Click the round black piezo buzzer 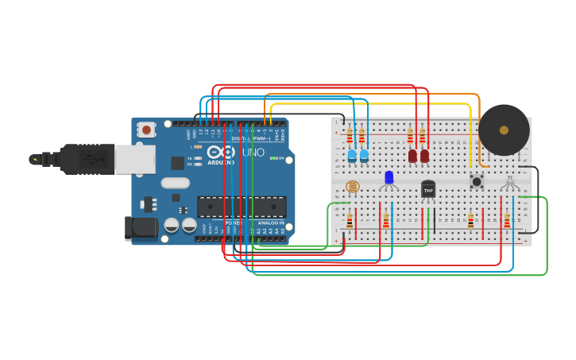(504, 130)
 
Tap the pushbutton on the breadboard (477, 182)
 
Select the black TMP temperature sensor (428, 189)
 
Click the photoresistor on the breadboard (353, 187)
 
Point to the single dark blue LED (389, 177)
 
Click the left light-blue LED (352, 156)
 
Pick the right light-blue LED (364, 156)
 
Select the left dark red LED (412, 156)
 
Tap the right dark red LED (424, 156)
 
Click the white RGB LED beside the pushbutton (509, 183)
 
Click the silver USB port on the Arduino (134, 159)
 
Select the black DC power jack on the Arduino (141, 228)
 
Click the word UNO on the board (253, 152)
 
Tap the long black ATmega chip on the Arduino (242, 207)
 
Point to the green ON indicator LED (273, 158)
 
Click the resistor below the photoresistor (350, 220)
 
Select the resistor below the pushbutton (470, 220)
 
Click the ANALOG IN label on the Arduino (270, 223)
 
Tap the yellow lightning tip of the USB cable (34, 159)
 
